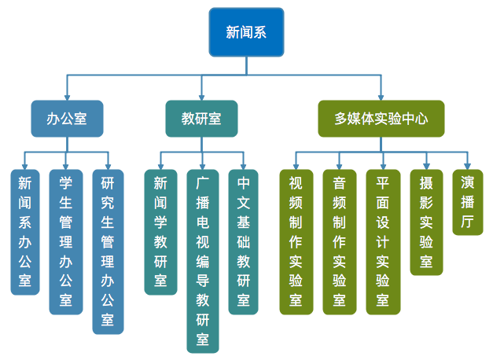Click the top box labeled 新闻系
(245, 32)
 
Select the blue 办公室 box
(67, 119)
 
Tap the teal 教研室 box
(201, 119)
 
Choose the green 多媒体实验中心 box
(381, 119)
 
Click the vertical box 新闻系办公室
(25, 232)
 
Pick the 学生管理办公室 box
(66, 242)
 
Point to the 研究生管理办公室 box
(108, 252)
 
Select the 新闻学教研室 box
(160, 232)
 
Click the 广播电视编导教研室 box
(202, 261)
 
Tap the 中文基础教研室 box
(244, 242)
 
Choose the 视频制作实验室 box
(296, 242)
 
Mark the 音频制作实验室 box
(339, 242)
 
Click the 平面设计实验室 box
(382, 242)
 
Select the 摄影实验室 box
(426, 222)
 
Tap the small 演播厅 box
(468, 203)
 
